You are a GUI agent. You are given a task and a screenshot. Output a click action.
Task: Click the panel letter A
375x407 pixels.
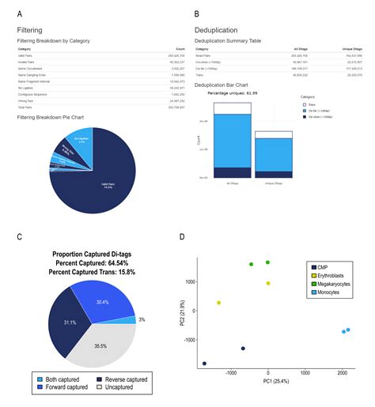[x=20, y=13]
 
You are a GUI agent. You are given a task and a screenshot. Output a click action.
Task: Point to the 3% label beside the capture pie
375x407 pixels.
[x=141, y=319]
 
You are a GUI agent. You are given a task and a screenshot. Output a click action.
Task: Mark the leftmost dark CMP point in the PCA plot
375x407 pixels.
[x=204, y=364]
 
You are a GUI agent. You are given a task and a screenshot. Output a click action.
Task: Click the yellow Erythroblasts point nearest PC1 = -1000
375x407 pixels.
[x=219, y=303]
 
